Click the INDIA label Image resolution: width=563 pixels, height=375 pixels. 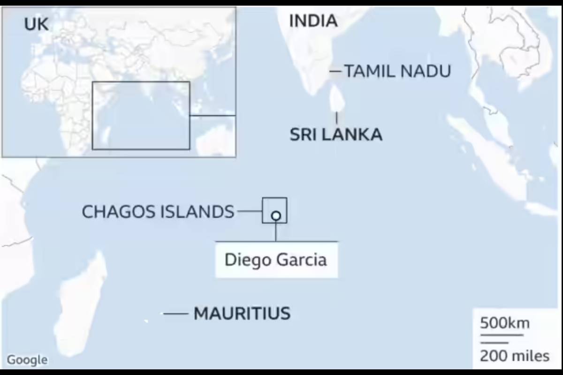313,21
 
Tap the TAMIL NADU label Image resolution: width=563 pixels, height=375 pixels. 397,71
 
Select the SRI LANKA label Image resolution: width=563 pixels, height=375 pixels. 335,135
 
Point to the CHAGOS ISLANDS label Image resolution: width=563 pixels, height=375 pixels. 158,212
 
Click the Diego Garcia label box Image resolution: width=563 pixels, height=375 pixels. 276,260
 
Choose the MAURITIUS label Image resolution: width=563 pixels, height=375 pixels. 242,313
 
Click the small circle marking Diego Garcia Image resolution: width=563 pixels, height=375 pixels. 276,216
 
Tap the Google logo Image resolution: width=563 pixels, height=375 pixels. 27,360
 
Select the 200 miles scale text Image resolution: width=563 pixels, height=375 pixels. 514,356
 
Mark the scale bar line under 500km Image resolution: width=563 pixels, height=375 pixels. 501,335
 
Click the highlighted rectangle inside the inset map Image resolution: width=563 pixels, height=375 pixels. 141,115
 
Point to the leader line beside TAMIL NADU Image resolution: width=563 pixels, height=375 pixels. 335,71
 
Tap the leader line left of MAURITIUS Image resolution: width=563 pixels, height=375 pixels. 175,314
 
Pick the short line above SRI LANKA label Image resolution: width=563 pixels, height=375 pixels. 336,118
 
